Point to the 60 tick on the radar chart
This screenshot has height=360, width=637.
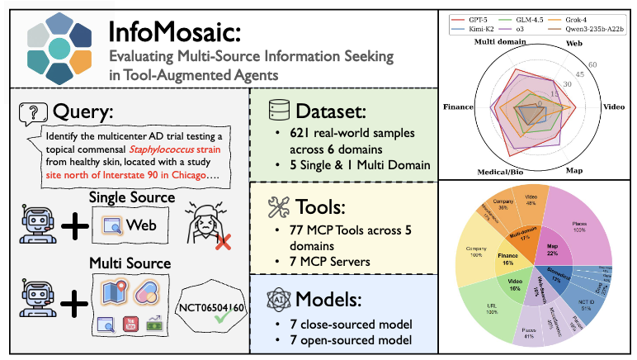pos(591,64)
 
